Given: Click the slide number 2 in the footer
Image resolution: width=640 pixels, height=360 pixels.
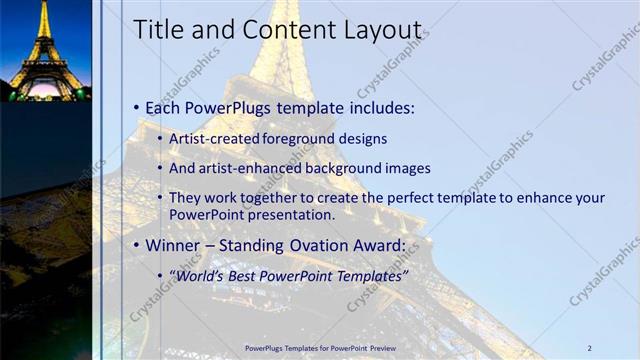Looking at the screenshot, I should [x=590, y=347].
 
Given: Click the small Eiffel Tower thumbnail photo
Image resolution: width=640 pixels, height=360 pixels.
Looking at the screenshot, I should [x=46, y=50].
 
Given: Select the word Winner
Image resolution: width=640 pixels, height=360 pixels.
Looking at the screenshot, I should [x=173, y=245].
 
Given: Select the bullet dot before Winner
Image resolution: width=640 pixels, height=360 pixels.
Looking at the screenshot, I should [x=137, y=245].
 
